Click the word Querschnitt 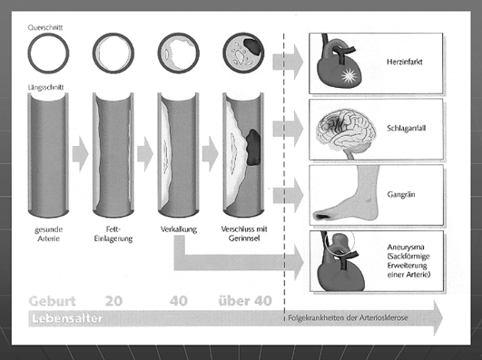(45, 27)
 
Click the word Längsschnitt (45, 87)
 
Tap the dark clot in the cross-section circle (253, 47)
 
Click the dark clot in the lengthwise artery (253, 147)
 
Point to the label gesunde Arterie (49, 234)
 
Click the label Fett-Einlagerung (113, 234)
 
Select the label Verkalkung (179, 229)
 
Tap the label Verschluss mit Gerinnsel (244, 233)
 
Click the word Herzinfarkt (405, 62)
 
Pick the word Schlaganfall (407, 129)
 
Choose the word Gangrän (401, 195)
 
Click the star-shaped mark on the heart (349, 76)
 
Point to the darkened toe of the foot (322, 216)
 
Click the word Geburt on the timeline (52, 301)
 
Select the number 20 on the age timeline (113, 301)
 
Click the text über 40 (245, 301)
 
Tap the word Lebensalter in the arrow (67, 318)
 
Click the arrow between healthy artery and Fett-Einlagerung (80, 154)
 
